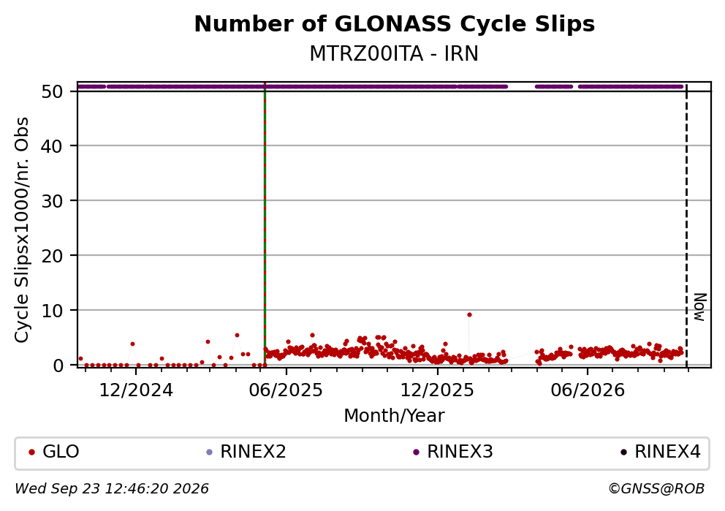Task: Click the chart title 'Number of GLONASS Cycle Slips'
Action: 395,24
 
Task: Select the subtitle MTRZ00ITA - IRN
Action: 394,53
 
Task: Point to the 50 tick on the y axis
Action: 52,91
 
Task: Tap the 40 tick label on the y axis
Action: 52,146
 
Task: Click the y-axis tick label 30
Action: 52,201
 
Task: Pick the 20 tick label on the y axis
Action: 52,256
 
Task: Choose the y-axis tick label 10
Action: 52,310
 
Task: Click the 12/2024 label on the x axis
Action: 136,390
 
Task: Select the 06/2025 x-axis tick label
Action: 286,390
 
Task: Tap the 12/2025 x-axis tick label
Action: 437,390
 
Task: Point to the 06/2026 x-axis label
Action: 588,390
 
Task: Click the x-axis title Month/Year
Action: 394,415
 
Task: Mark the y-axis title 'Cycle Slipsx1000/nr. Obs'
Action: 21,230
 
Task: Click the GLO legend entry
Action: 54,452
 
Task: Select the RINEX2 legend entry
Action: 246,452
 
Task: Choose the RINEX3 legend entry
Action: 453,452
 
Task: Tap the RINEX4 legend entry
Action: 661,452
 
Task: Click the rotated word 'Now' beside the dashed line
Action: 700,307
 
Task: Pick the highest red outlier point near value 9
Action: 469,315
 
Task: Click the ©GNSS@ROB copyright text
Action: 656,489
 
